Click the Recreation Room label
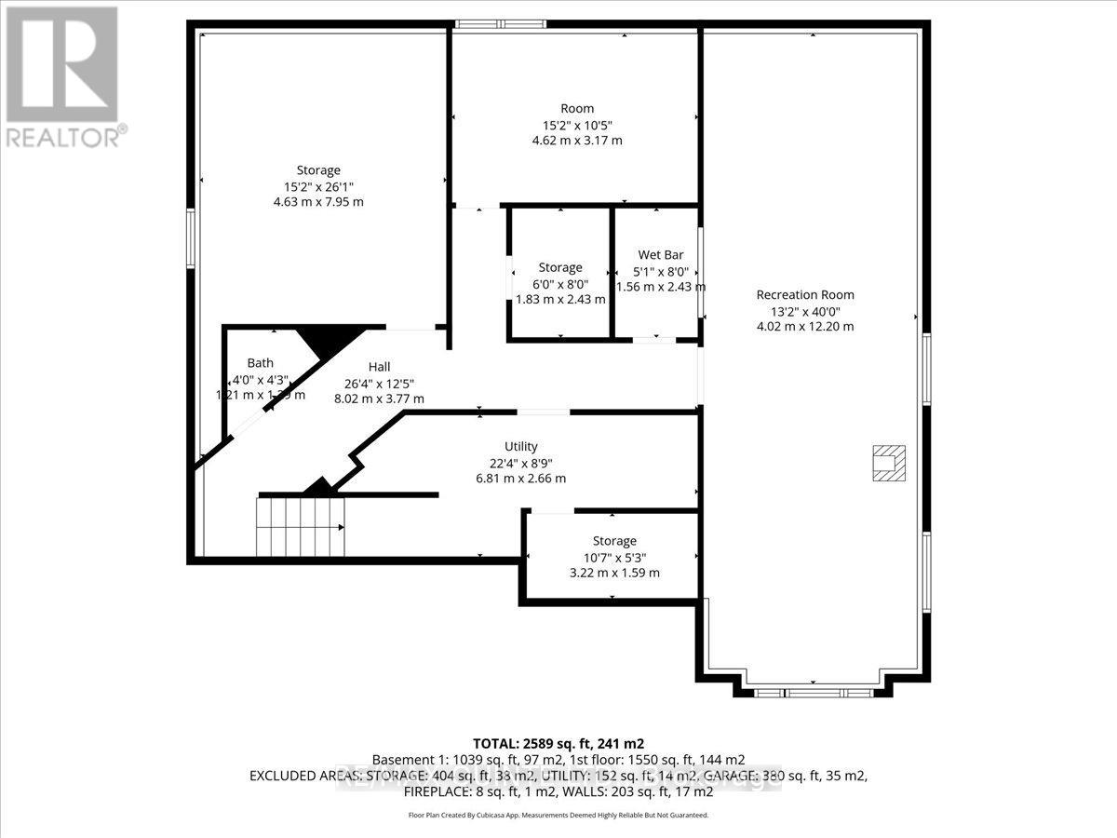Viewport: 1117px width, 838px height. tap(804, 295)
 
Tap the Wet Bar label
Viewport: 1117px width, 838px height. tap(661, 254)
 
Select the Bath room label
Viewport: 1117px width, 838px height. tap(260, 362)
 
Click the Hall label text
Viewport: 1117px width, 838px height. tap(379, 367)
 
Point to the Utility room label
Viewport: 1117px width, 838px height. tap(520, 446)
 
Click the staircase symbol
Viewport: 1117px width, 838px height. tap(301, 526)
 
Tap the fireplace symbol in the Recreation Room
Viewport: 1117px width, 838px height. tap(886, 463)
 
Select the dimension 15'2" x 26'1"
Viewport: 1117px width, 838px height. tap(317, 186)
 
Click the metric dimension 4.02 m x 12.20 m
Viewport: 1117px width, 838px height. tap(804, 326)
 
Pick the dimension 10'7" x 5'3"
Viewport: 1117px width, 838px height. tap(614, 557)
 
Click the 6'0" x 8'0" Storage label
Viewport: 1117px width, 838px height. tap(559, 267)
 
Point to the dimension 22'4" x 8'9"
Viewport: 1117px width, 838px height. tap(520, 463)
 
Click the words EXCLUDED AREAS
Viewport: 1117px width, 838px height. tap(300, 775)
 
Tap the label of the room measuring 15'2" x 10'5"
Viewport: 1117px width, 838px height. tap(576, 108)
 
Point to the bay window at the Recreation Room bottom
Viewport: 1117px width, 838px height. tap(813, 692)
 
